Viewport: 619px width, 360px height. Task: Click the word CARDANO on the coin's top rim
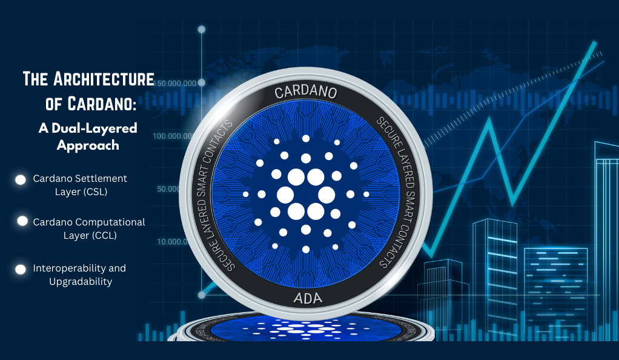pyautogui.click(x=305, y=92)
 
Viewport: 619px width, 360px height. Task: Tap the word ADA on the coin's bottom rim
pyautogui.click(x=308, y=298)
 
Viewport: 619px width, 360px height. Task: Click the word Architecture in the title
pyautogui.click(x=104, y=79)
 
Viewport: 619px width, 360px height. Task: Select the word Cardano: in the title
pyautogui.click(x=102, y=104)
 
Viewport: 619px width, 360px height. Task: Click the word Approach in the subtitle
pyautogui.click(x=88, y=145)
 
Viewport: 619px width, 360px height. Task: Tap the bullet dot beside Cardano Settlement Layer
pyautogui.click(x=21, y=180)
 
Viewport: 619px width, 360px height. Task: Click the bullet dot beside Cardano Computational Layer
pyautogui.click(x=22, y=221)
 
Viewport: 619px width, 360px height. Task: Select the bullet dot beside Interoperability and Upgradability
pyautogui.click(x=21, y=269)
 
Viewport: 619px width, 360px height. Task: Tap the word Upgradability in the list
pyautogui.click(x=81, y=282)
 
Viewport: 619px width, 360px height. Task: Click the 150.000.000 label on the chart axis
pyautogui.click(x=175, y=84)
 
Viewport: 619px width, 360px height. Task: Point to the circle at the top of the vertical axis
pyautogui.click(x=202, y=29)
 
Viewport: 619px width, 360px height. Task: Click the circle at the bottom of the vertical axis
pyautogui.click(x=202, y=295)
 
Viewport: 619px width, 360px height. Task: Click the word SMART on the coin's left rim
pyautogui.click(x=202, y=181)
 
